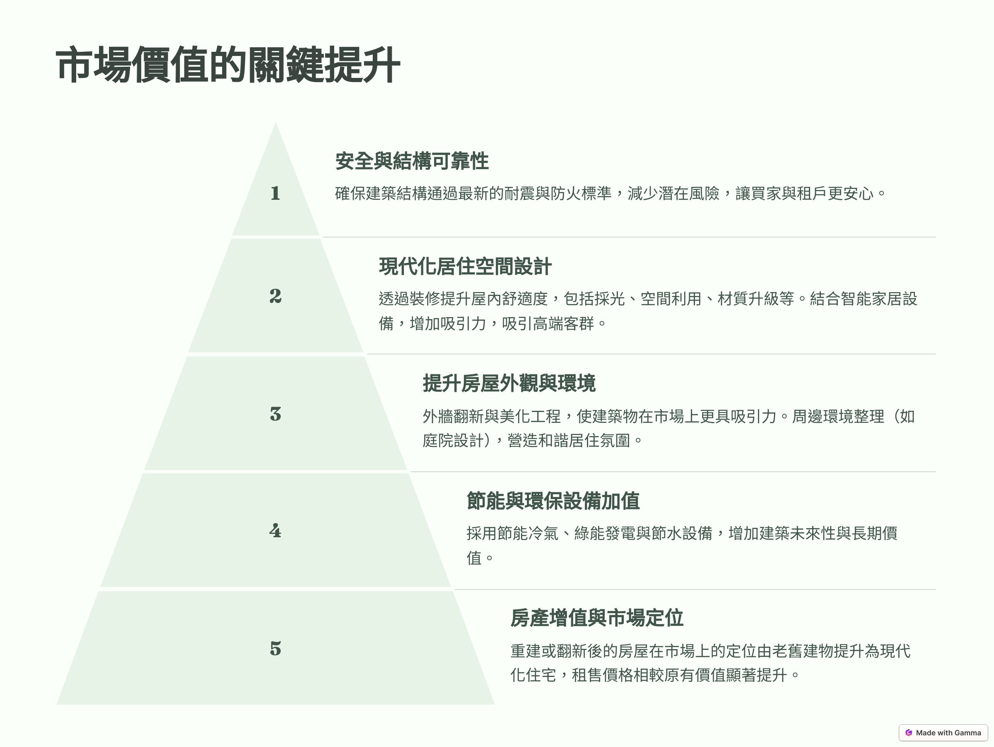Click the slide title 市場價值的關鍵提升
pyautogui.click(x=228, y=65)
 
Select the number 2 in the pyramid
pyautogui.click(x=275, y=296)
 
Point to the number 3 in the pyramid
pyautogui.click(x=275, y=414)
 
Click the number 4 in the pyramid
pyautogui.click(x=275, y=531)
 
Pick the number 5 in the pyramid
pyautogui.click(x=275, y=648)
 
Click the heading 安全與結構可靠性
pyautogui.click(x=412, y=161)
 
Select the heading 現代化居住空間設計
pyautogui.click(x=465, y=266)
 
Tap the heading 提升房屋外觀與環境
pyautogui.click(x=509, y=383)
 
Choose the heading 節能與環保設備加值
pyautogui.click(x=553, y=500)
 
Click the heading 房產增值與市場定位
pyautogui.click(x=597, y=618)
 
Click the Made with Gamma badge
pyautogui.click(x=943, y=732)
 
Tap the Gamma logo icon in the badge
pyautogui.click(x=909, y=732)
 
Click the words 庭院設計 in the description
pyautogui.click(x=454, y=440)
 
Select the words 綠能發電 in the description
pyautogui.click(x=605, y=534)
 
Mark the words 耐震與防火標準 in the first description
pyautogui.click(x=557, y=194)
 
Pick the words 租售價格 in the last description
pyautogui.click(x=602, y=675)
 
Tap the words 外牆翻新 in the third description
pyautogui.click(x=454, y=417)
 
